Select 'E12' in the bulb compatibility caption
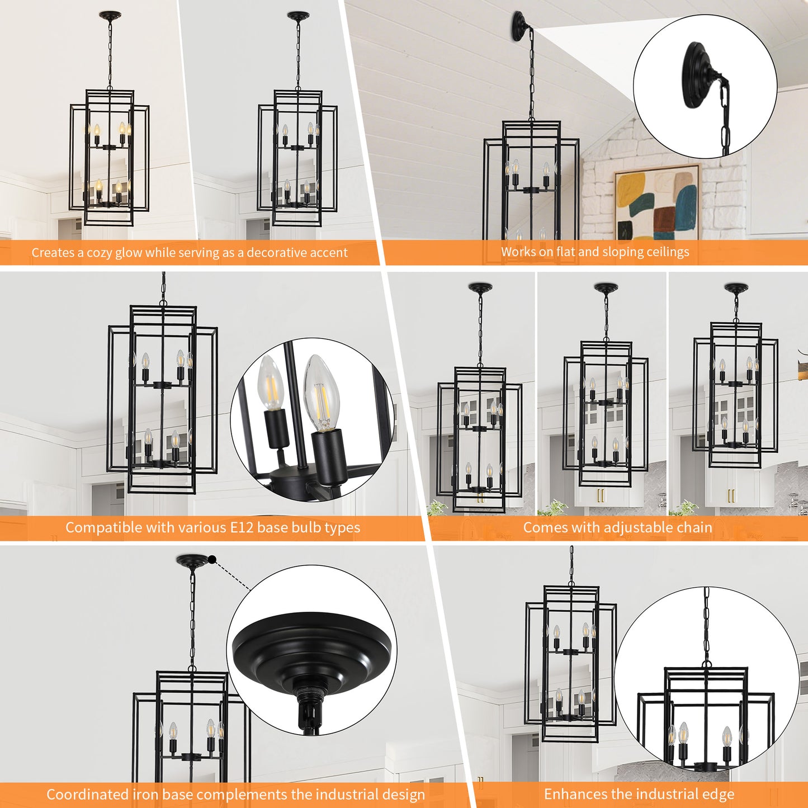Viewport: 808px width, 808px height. point(242,527)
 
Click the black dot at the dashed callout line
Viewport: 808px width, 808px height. point(212,559)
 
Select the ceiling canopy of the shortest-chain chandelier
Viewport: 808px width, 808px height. point(736,288)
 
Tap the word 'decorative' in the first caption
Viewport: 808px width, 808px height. point(275,253)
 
